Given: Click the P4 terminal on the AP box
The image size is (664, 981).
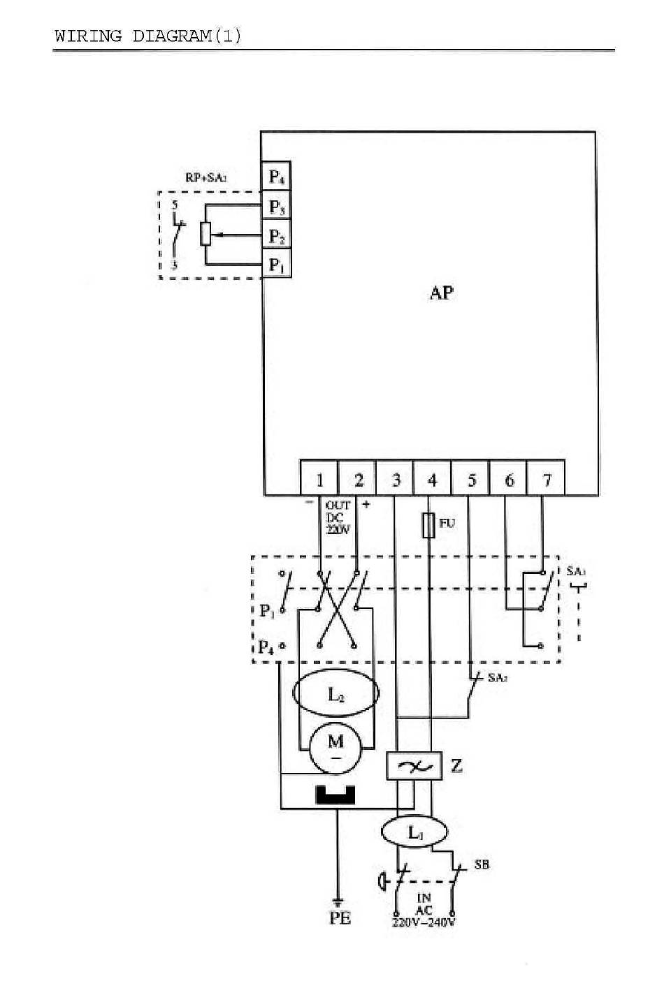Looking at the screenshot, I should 277,176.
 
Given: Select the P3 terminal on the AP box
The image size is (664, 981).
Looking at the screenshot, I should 277,207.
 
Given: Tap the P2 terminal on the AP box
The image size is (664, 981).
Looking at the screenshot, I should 277,237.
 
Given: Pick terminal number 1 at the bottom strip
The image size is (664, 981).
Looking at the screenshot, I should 320,480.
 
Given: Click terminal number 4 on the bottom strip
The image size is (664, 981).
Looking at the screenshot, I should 433,480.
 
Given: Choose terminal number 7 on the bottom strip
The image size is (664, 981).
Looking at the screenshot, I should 547,480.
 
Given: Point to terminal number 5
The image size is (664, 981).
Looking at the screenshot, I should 471,480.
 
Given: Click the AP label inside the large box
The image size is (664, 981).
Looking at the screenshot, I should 441,293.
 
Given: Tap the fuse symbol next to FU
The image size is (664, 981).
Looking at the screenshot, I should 430,525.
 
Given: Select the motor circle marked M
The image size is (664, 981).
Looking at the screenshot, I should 336,746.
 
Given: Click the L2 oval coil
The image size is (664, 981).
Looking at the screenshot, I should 336,695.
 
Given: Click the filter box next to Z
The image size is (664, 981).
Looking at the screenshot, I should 414,767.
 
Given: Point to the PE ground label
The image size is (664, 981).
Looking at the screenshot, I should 340,919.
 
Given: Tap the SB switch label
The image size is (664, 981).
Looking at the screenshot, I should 482,864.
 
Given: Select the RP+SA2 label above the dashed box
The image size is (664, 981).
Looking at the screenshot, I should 205,178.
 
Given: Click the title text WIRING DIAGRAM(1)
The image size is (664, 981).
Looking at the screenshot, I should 148,36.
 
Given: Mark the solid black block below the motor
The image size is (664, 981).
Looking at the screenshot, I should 336,795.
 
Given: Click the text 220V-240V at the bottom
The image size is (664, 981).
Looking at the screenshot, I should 424,922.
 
